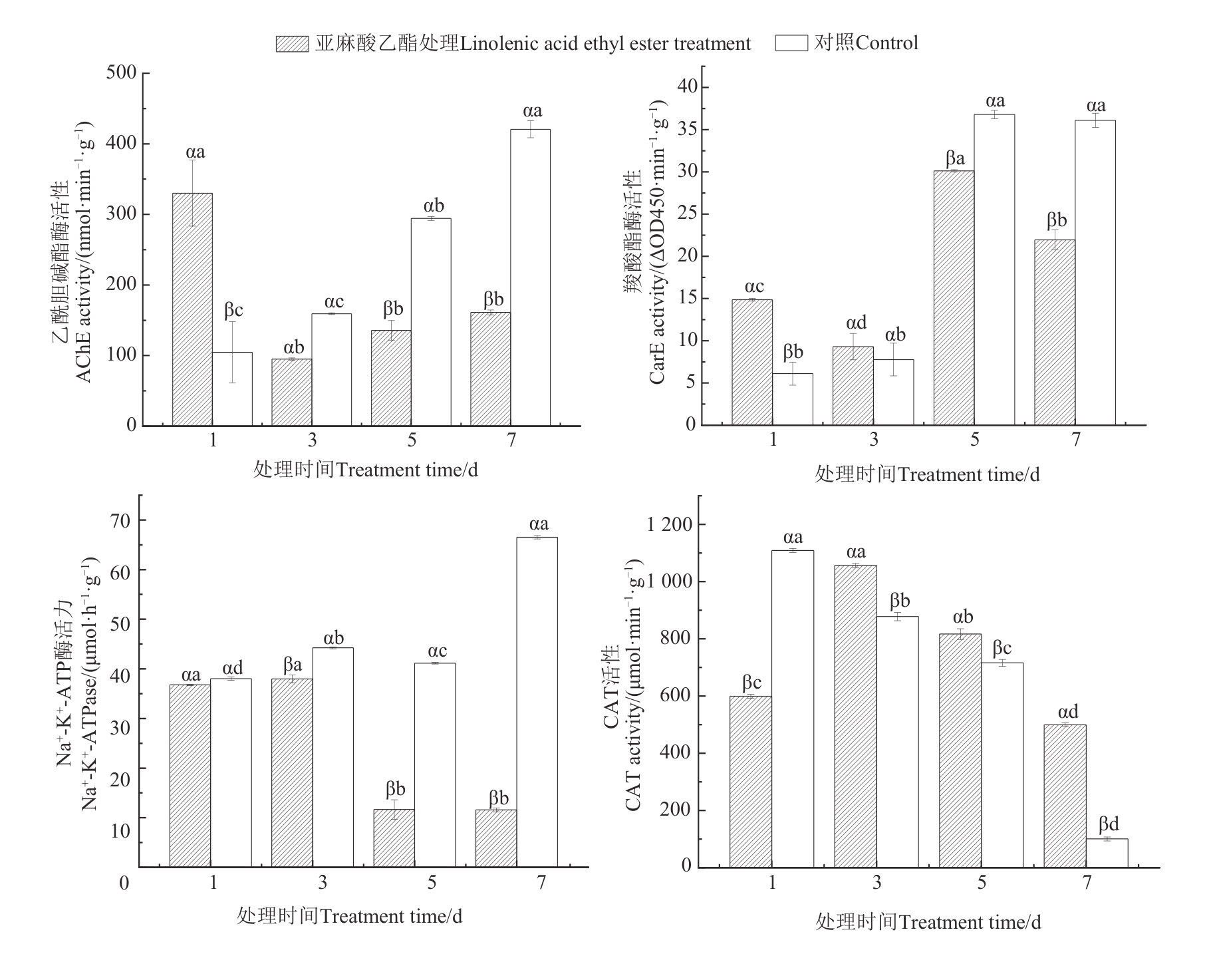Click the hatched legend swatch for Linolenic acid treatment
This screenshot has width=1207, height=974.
click(293, 44)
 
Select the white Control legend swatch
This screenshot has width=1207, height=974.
click(791, 43)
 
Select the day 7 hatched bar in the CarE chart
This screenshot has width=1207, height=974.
click(1054, 332)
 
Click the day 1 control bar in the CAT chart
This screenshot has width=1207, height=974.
click(793, 709)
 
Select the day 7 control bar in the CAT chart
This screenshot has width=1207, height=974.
click(1107, 852)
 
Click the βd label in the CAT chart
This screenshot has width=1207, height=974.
click(1109, 824)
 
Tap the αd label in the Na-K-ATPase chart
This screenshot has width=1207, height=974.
click(233, 667)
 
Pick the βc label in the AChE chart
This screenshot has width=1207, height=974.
click(233, 309)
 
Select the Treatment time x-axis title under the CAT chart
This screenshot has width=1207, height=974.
click(928, 922)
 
